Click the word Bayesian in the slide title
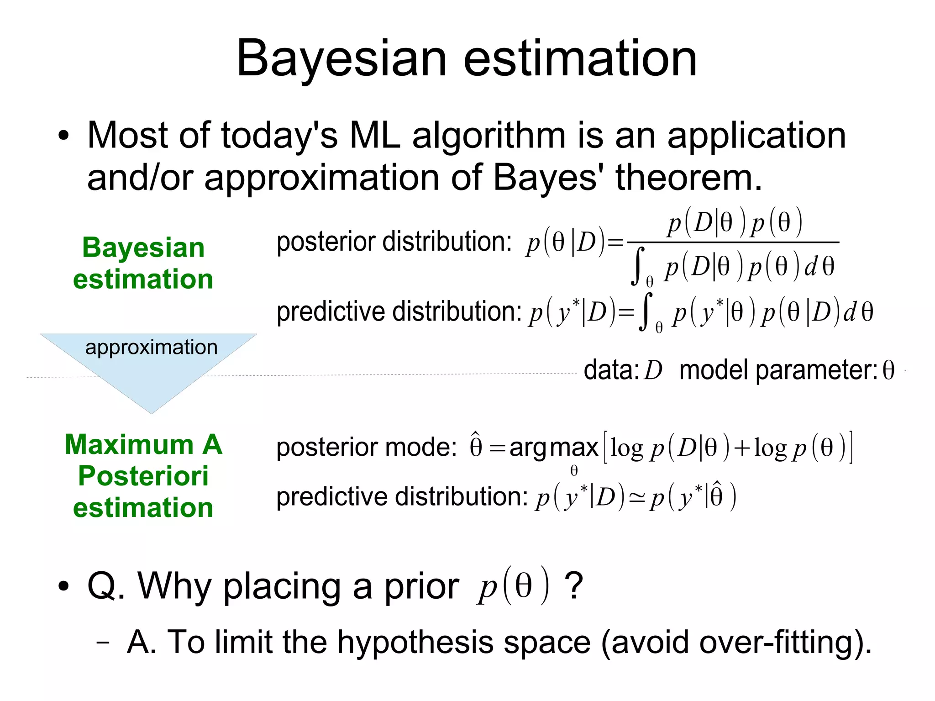[x=341, y=59]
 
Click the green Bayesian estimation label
[x=143, y=263]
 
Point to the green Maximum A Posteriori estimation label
[x=143, y=476]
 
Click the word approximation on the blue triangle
[x=151, y=348]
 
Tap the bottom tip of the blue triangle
[x=151, y=412]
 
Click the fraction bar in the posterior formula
[x=733, y=242]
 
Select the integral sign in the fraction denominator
[x=638, y=266]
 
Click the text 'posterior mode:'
[x=366, y=447]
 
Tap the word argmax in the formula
[x=553, y=447]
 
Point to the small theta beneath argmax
[x=574, y=470]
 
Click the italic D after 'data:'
[x=653, y=370]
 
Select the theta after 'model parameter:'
[x=888, y=370]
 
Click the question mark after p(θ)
[x=574, y=586]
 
